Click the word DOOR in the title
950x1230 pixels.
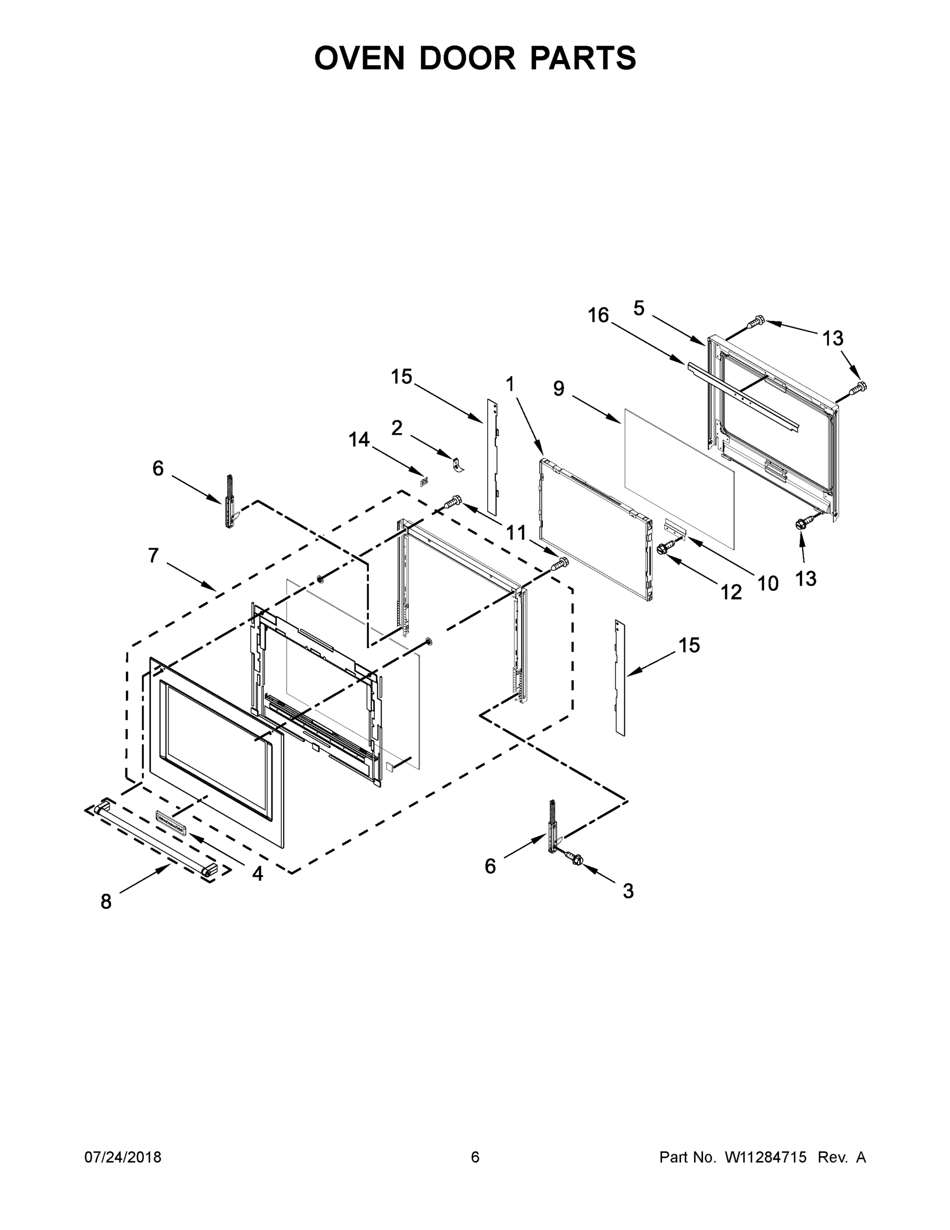point(467,58)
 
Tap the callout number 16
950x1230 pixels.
point(598,315)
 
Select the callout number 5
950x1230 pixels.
point(639,308)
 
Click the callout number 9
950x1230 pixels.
point(558,388)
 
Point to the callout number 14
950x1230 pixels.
point(359,439)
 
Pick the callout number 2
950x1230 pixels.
point(397,428)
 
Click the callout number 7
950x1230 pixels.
point(154,556)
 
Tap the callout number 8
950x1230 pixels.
point(106,901)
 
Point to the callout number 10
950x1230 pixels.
point(768,583)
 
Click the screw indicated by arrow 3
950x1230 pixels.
point(575,860)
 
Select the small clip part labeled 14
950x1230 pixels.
point(425,482)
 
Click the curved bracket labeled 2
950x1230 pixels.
point(458,465)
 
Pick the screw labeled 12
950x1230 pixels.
point(665,546)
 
